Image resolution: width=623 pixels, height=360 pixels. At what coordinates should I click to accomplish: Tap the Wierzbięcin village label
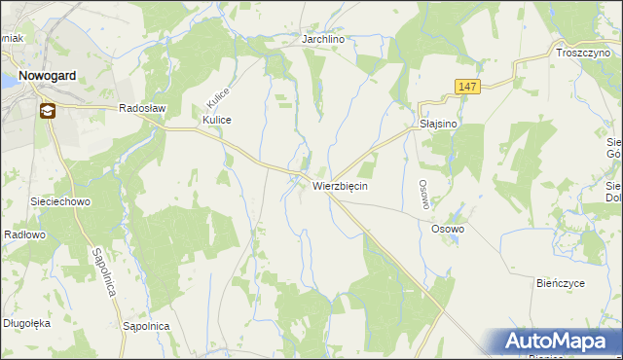(340, 185)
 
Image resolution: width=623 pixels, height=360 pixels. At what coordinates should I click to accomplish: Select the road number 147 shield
(467, 88)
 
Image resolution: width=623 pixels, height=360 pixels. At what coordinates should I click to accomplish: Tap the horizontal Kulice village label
(216, 120)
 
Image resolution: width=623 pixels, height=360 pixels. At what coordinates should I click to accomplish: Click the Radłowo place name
(25, 234)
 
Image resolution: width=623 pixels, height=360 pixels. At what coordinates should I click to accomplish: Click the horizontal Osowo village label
(448, 229)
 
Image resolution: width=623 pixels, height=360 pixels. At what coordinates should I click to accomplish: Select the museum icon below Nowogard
(47, 111)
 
